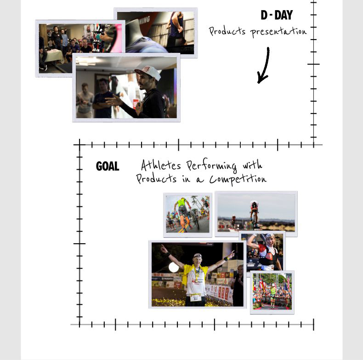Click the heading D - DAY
[x=277, y=15]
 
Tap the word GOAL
[x=108, y=166]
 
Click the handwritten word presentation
[x=278, y=32]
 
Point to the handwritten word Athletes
[x=161, y=165]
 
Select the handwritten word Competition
[x=238, y=178]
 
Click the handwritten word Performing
[x=211, y=166]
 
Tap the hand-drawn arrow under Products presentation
[x=264, y=65]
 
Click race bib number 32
[x=196, y=298]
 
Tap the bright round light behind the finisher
[x=174, y=268]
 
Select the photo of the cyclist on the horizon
[x=256, y=214]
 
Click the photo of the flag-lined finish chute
[x=272, y=292]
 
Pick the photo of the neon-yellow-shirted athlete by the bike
[x=187, y=215]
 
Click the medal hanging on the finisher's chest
[x=197, y=274]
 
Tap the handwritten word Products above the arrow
[x=227, y=31]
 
